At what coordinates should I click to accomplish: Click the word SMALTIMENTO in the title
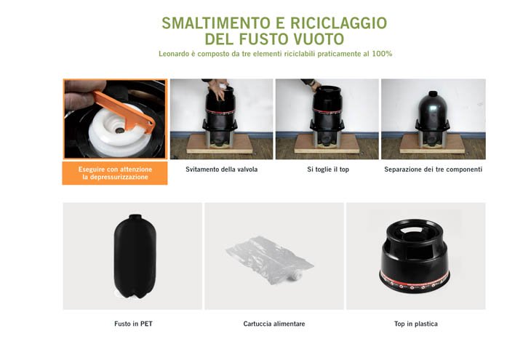[x=216, y=23]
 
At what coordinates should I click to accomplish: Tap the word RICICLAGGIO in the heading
[x=339, y=23]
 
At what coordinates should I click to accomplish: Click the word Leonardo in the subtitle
[x=174, y=54]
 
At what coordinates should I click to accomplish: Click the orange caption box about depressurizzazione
[x=115, y=173]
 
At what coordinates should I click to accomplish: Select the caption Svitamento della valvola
[x=221, y=169]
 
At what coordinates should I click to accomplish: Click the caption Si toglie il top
[x=328, y=169]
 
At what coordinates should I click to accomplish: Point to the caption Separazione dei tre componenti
[x=433, y=169]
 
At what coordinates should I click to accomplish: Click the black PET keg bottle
[x=135, y=257]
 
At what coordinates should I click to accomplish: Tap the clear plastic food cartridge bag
[x=270, y=259]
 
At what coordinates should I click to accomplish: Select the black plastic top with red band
[x=415, y=255]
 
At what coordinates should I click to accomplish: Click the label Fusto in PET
[x=133, y=324]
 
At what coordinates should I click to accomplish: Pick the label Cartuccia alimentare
[x=274, y=324]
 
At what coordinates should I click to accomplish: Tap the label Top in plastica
[x=416, y=324]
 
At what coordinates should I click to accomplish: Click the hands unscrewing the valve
[x=217, y=89]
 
